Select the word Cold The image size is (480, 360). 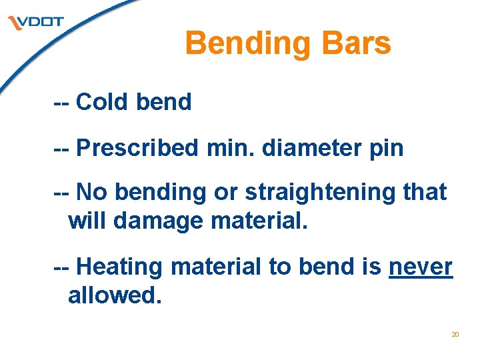pyautogui.click(x=103, y=102)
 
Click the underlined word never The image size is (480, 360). pyautogui.click(x=420, y=267)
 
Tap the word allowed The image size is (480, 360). pyautogui.click(x=115, y=295)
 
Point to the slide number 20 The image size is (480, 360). pyautogui.click(x=455, y=334)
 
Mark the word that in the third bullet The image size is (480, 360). pyautogui.click(x=425, y=192)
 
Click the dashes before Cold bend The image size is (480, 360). pyautogui.click(x=61, y=102)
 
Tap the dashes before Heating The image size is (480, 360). pyautogui.click(x=61, y=267)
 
